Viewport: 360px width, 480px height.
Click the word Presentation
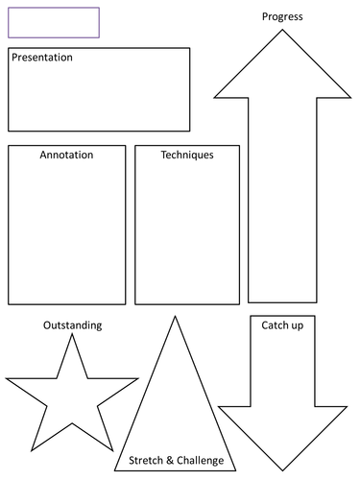[42, 58]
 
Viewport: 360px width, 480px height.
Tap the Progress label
[282, 17]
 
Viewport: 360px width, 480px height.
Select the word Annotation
[66, 155]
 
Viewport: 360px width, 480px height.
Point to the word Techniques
[187, 155]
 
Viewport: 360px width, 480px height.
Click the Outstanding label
[72, 325]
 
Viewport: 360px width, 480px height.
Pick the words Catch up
[282, 325]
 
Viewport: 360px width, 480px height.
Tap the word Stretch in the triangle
[146, 462]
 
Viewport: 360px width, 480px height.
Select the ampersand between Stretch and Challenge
[170, 462]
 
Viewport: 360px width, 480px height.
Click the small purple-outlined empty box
[54, 22]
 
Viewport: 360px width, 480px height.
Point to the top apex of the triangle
[174, 317]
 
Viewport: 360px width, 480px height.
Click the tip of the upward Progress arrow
[282, 30]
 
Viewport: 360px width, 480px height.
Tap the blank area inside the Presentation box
[99, 96]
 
